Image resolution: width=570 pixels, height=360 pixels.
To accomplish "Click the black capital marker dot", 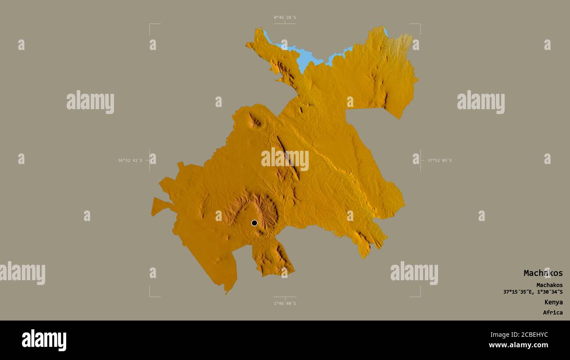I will [x=254, y=223].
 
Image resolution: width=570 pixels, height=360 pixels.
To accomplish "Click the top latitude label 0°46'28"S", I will [x=285, y=18].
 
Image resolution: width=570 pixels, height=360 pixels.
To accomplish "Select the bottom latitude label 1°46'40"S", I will [x=285, y=303].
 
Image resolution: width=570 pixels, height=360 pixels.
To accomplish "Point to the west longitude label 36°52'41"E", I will [x=130, y=160].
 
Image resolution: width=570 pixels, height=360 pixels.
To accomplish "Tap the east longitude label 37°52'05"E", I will [x=439, y=160].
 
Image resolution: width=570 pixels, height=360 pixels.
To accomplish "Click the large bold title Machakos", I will [x=543, y=273].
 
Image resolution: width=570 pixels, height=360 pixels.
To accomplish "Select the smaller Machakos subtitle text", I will [x=549, y=285].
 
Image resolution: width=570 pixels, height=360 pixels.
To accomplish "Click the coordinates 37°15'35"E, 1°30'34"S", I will [x=533, y=292].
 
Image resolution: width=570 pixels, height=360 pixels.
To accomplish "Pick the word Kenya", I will [x=553, y=302].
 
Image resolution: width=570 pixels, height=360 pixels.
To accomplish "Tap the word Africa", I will [x=552, y=313].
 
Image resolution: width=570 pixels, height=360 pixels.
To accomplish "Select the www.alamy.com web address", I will [x=518, y=345].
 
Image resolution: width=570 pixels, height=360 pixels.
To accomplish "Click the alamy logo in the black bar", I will [x=44, y=340].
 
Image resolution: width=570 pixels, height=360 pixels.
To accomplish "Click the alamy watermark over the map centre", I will [x=285, y=159].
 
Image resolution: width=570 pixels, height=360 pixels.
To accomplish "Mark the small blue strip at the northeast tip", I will [x=385, y=32].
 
